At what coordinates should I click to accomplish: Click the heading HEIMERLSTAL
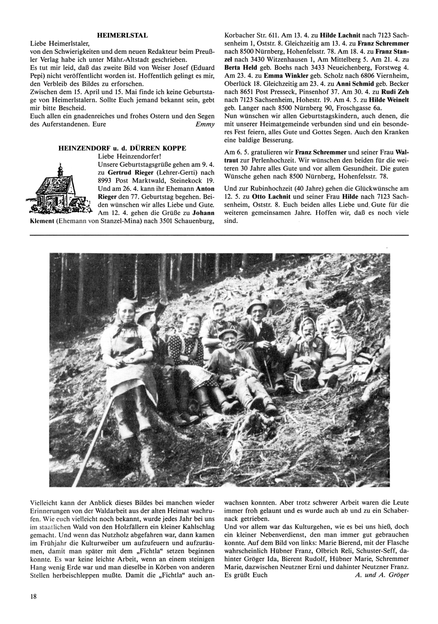[122, 35]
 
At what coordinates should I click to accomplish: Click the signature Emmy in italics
[205, 124]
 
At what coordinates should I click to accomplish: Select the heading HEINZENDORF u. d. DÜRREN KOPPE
[122, 148]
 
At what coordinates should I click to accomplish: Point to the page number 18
[33, 596]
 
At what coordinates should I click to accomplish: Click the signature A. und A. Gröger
[381, 575]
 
